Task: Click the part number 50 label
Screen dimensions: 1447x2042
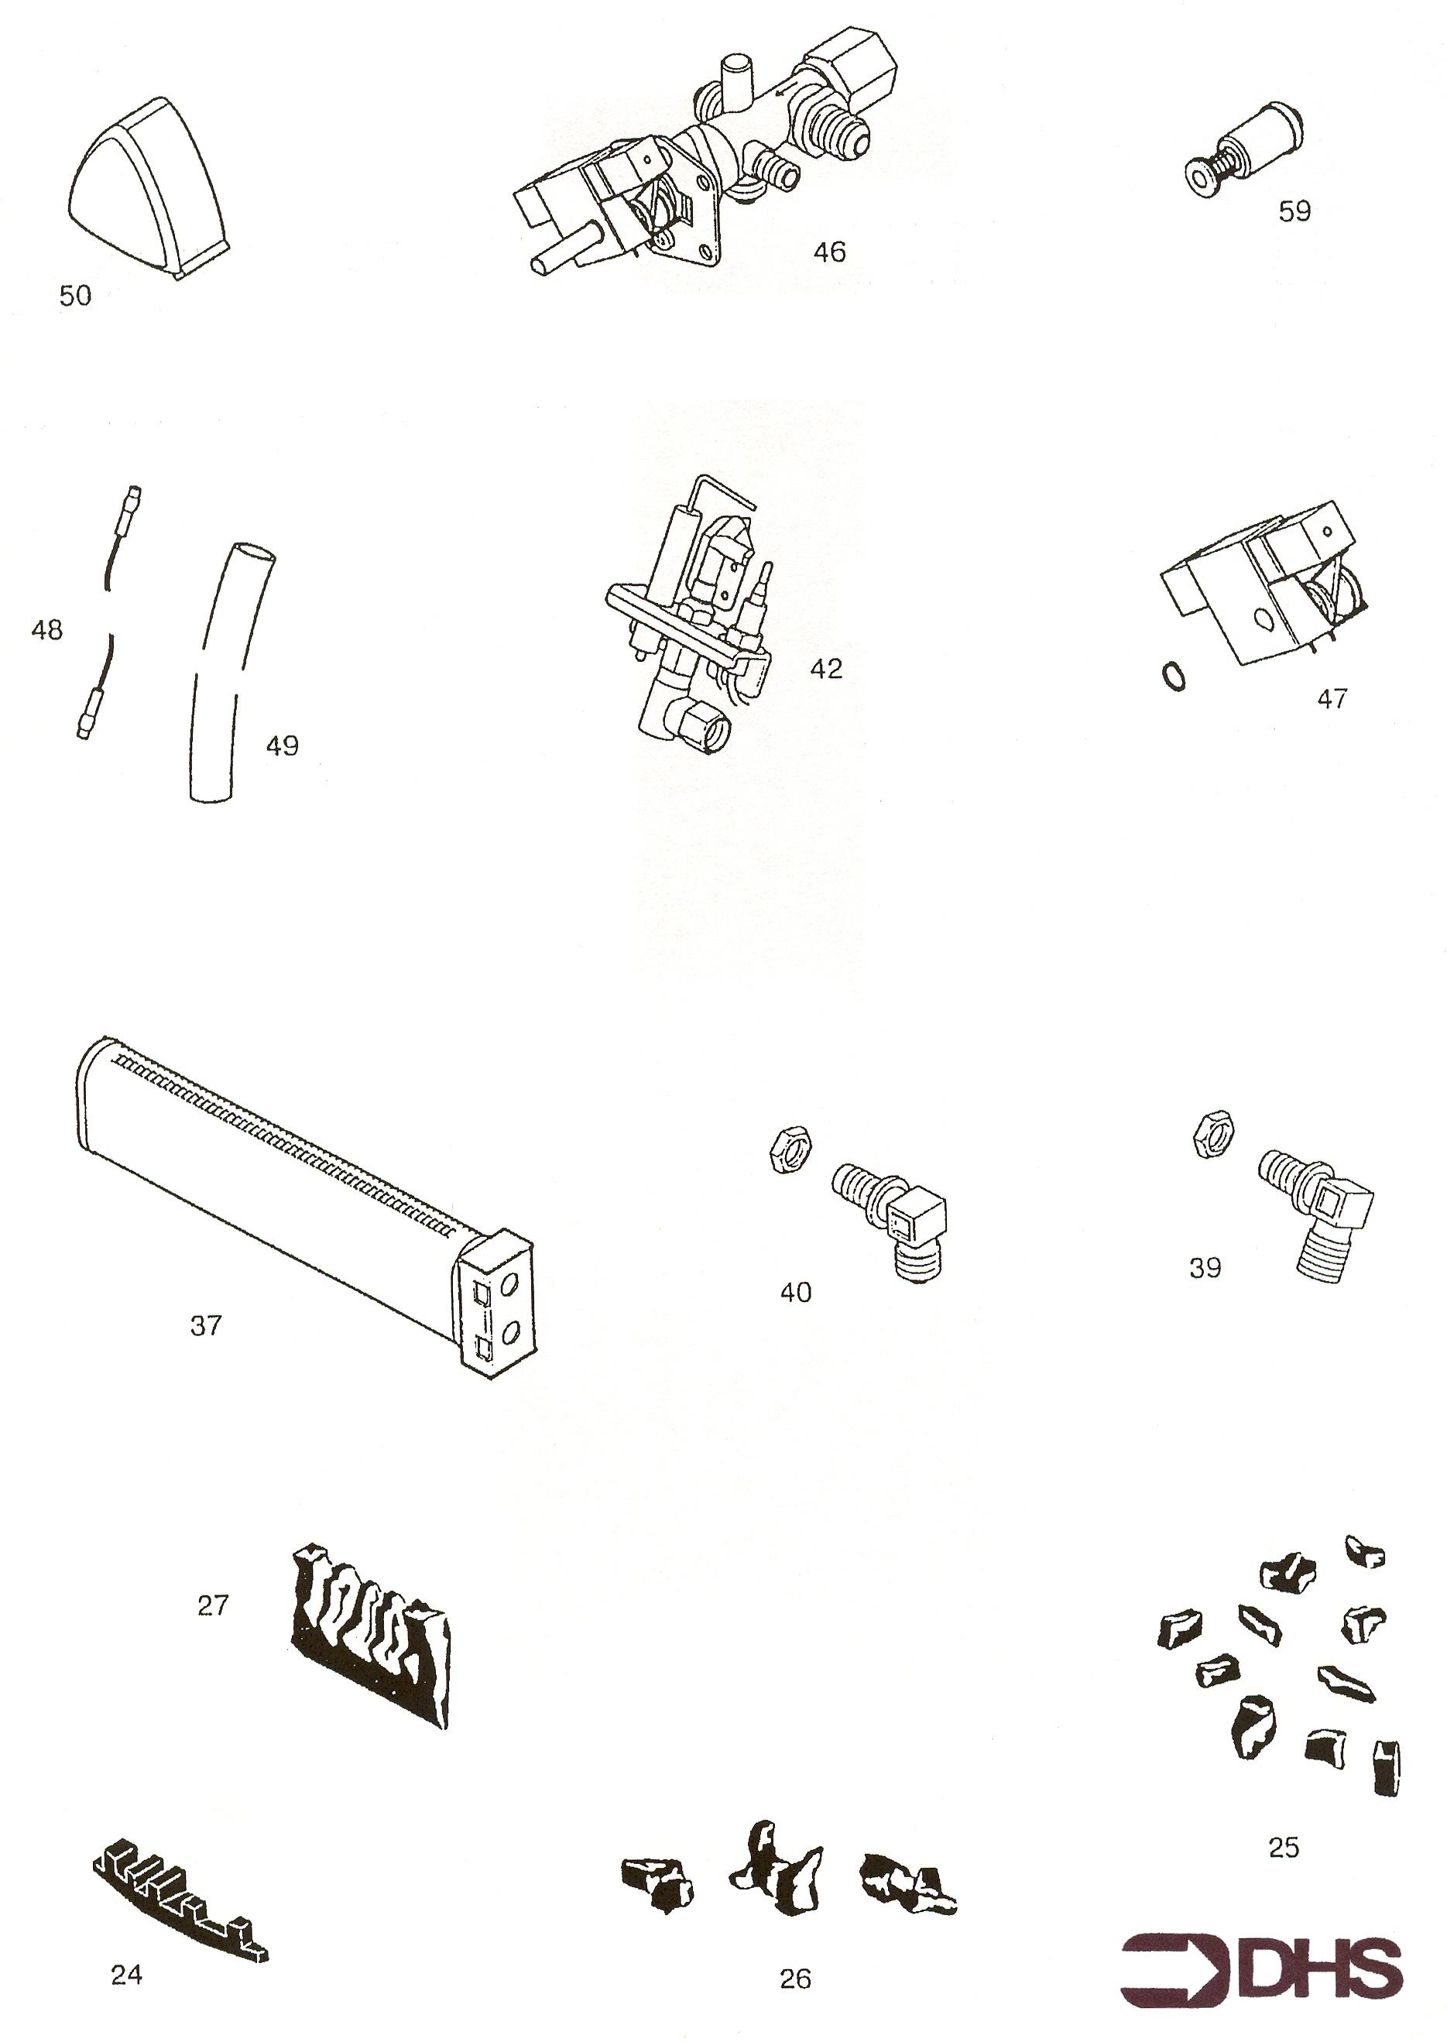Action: [76, 296]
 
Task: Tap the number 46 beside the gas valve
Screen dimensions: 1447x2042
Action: [828, 252]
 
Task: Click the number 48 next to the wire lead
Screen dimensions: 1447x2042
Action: [47, 631]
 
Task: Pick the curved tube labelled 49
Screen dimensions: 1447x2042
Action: [229, 673]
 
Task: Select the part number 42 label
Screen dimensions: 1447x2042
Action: [826, 669]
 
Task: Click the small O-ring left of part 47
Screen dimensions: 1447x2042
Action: [1174, 677]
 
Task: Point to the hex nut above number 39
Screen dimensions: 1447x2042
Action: [1212, 1135]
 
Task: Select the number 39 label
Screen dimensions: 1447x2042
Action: [1205, 1268]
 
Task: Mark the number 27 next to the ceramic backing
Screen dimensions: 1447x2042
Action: [213, 1605]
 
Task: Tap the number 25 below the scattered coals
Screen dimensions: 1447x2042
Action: [1283, 1848]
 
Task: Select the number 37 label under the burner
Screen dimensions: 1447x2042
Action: [206, 1327]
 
